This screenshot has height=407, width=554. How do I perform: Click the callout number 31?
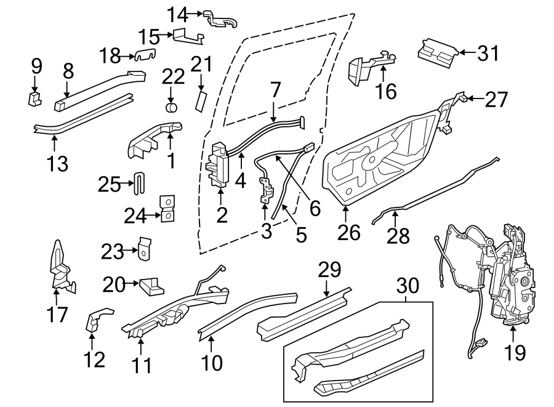(x=489, y=54)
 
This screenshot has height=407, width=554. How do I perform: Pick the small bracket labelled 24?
(x=167, y=209)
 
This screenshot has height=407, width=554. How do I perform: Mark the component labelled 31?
(x=437, y=50)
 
